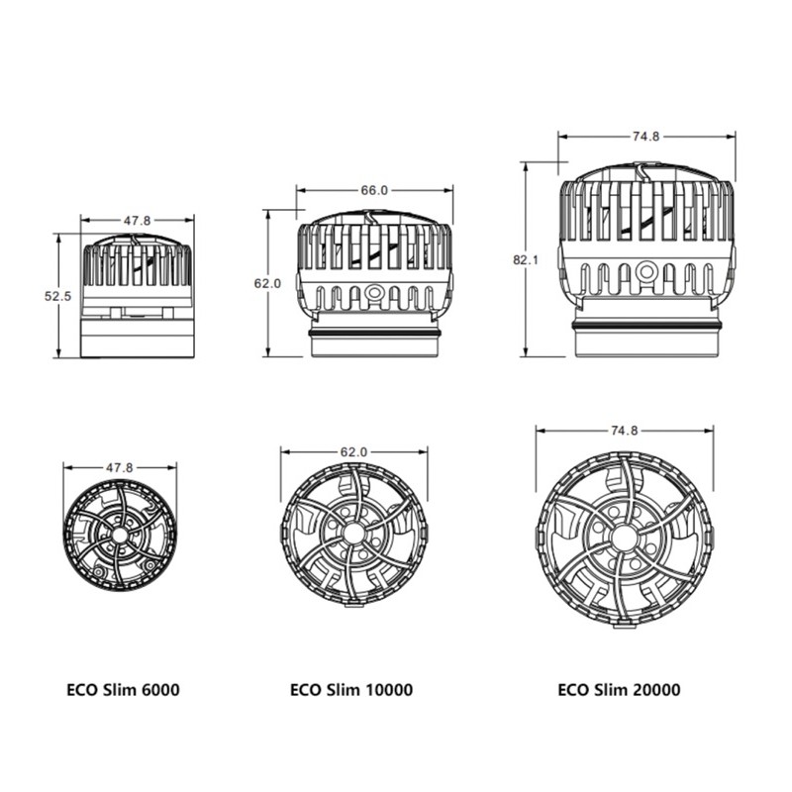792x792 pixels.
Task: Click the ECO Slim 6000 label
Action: (x=123, y=689)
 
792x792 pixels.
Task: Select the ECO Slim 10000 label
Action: (x=351, y=689)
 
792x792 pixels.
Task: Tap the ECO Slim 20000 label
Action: (x=619, y=689)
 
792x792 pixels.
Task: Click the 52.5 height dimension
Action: (x=58, y=296)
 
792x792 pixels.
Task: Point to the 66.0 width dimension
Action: (x=374, y=190)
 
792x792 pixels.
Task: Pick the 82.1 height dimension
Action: (x=526, y=260)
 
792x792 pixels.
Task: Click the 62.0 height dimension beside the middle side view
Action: (x=267, y=283)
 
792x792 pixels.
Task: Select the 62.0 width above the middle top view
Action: (x=353, y=451)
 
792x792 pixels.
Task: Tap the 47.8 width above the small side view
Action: (x=138, y=220)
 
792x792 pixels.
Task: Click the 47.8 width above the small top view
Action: (x=119, y=467)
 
